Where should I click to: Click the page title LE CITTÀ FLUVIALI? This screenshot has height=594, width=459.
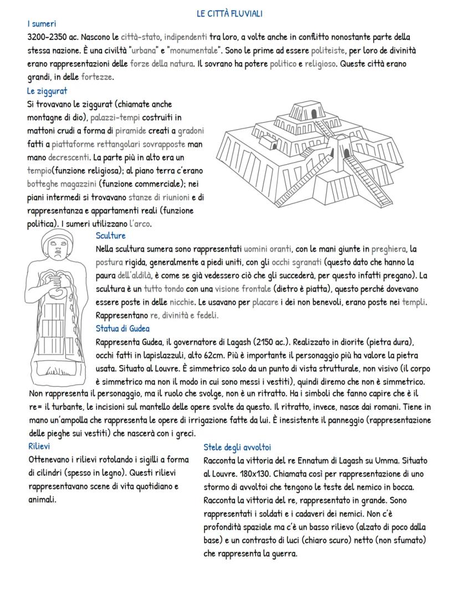point(229,13)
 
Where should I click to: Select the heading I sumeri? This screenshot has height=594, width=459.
point(42,23)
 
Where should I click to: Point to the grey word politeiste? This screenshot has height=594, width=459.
point(329,50)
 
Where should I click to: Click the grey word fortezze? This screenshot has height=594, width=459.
point(97,77)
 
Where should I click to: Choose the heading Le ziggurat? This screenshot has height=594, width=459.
point(47,90)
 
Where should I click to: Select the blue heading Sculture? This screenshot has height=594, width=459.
point(111,235)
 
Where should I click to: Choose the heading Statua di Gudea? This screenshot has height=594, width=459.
point(123,328)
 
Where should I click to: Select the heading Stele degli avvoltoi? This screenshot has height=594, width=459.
point(237,447)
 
